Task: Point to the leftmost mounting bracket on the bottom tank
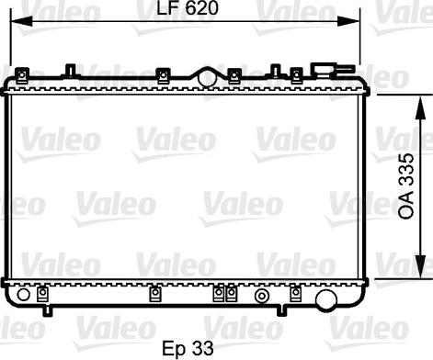42,294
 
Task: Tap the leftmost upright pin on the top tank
71,70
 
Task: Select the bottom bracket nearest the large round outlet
296,294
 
